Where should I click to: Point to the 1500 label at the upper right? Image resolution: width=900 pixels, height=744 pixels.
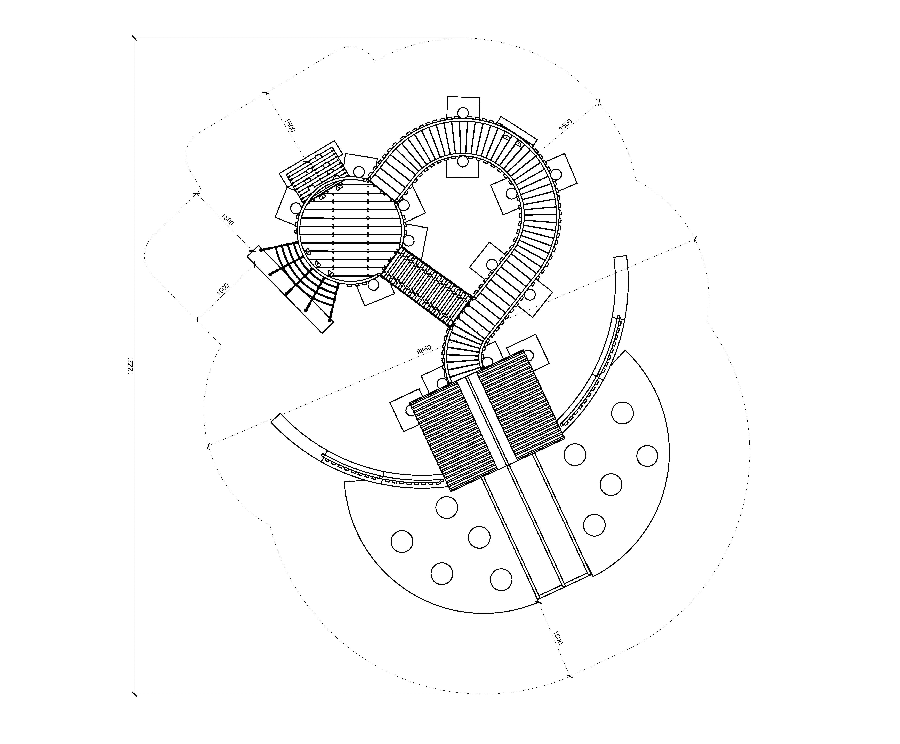coord(565,124)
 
